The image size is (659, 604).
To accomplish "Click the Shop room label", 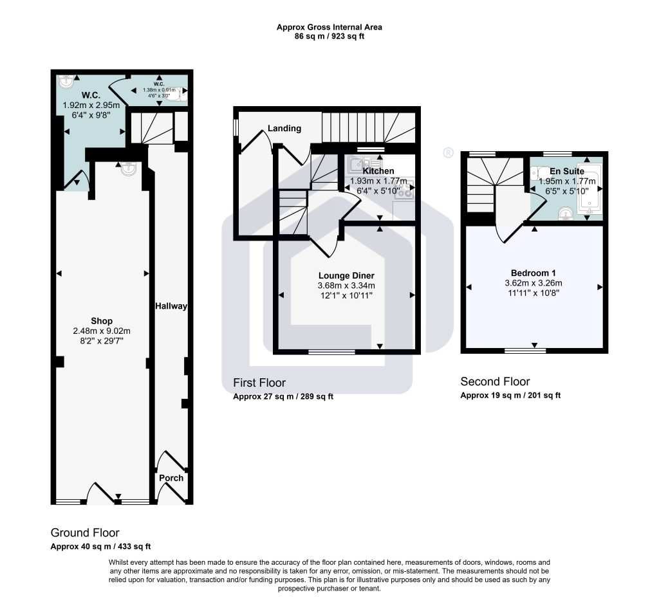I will (x=102, y=321).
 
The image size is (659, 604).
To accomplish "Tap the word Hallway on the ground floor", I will (x=171, y=306).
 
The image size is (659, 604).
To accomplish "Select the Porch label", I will (x=171, y=478).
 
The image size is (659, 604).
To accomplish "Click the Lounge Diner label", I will (x=346, y=275).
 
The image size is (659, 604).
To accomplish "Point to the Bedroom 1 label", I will (x=534, y=272).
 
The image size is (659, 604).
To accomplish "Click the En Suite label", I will (x=566, y=172).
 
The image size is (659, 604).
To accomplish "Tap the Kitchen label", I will (x=378, y=171).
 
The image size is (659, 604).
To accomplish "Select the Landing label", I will (x=284, y=128).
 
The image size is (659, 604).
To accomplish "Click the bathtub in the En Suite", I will (x=589, y=191).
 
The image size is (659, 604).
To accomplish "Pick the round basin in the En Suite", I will (x=565, y=213).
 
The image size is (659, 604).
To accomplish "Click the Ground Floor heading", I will (x=85, y=533).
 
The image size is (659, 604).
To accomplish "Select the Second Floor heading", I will (x=495, y=381).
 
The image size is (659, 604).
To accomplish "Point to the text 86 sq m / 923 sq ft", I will (x=329, y=37).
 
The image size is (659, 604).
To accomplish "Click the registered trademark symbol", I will (x=449, y=152).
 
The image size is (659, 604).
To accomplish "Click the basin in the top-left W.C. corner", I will (x=66, y=81).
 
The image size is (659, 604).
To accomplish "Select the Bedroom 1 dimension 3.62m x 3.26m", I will (x=534, y=282).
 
